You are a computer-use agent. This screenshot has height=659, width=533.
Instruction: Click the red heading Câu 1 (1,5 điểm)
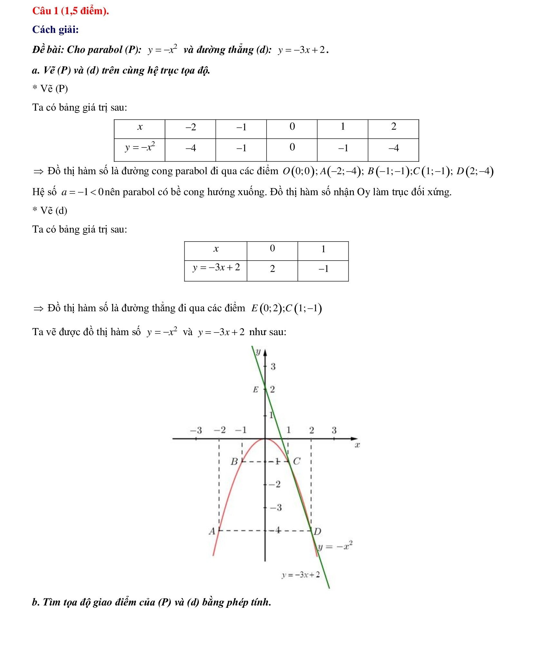click(71, 11)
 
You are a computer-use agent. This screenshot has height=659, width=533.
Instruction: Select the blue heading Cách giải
click(55, 30)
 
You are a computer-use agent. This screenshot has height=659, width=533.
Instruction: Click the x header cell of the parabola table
click(140, 127)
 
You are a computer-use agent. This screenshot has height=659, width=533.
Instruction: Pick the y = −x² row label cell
click(140, 148)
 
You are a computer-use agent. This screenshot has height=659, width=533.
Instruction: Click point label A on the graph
click(212, 531)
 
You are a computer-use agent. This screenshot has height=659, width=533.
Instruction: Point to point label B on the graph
click(234, 462)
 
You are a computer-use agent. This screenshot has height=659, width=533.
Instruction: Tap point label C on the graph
click(296, 462)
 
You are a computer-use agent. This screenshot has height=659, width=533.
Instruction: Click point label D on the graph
click(317, 531)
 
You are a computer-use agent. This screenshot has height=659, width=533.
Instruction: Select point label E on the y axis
click(256, 390)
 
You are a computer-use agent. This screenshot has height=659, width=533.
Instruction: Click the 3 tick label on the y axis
click(273, 366)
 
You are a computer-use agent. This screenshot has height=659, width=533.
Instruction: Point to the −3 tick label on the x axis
click(196, 430)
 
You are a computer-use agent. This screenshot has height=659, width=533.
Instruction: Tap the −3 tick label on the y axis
click(276, 508)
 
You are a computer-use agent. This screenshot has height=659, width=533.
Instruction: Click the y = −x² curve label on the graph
click(335, 546)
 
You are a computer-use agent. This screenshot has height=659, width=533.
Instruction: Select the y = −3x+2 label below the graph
click(301, 574)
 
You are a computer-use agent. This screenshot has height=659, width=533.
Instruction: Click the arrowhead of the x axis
click(354, 439)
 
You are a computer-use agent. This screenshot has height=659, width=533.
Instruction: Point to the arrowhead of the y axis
click(265, 353)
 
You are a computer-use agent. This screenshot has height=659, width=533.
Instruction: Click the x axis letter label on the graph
click(357, 445)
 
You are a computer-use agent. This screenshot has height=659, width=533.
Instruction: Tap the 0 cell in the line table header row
click(272, 249)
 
